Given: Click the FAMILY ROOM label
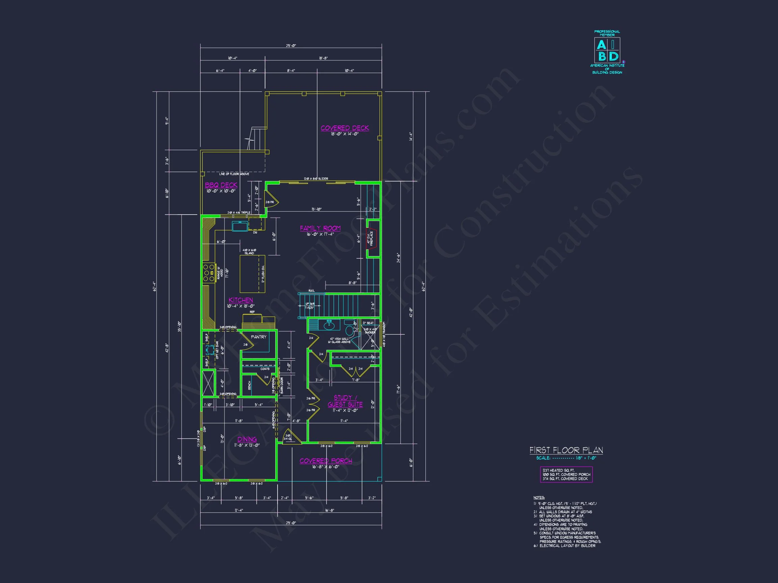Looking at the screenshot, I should (320, 228).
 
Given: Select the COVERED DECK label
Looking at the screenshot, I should (345, 128).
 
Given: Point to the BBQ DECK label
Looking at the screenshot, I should (221, 185).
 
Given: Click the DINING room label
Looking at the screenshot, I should (247, 439).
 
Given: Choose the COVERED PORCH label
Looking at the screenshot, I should (326, 461).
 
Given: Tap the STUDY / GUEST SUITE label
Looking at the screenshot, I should (345, 401).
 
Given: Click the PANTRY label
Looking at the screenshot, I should (259, 337).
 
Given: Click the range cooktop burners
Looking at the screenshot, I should (209, 273).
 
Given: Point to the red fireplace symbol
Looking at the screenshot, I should (371, 239).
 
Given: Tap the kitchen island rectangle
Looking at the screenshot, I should (252, 274).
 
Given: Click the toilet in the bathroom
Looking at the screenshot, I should (349, 330).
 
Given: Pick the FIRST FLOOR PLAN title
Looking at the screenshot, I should (566, 450).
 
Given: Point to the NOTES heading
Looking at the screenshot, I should (539, 498).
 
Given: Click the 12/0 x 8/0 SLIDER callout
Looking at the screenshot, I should (316, 179).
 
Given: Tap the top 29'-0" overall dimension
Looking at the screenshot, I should (291, 46).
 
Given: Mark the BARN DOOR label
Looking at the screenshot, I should (282, 386).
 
